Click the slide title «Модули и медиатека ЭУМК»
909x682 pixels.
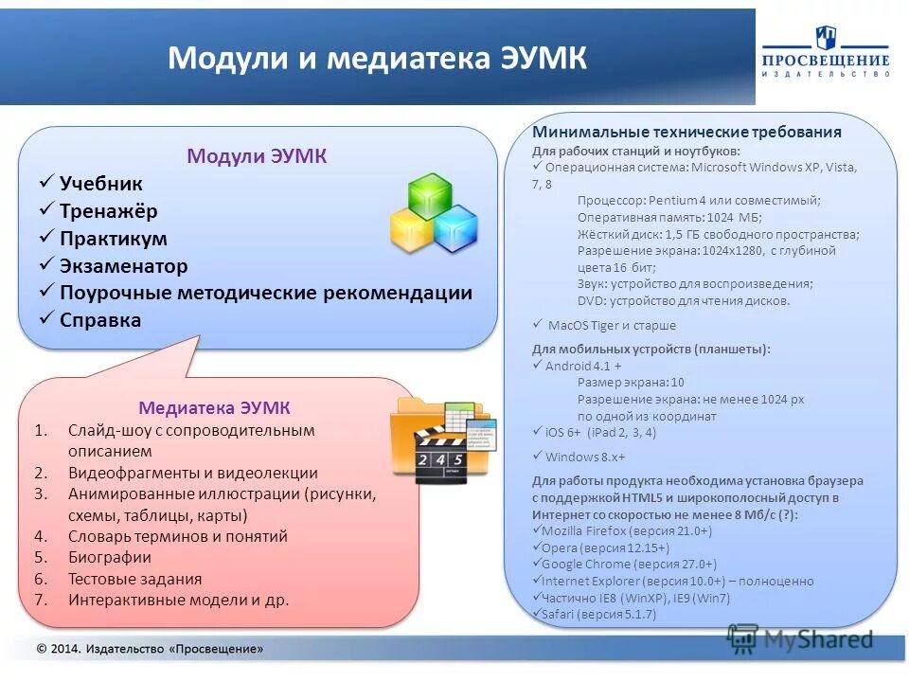coord(377,59)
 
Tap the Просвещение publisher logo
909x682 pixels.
coord(826,53)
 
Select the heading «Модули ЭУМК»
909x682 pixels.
coord(257,156)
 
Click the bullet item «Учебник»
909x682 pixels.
coord(100,184)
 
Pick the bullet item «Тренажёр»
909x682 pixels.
coord(108,211)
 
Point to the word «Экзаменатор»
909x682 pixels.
coord(123,266)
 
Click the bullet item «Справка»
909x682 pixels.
coord(99,320)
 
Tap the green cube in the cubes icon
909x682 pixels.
coord(428,196)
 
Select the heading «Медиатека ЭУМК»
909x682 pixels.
coord(214,408)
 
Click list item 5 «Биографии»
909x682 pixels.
coord(109,557)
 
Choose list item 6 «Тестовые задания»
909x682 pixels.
coord(134,579)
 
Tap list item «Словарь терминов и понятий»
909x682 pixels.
coord(177,536)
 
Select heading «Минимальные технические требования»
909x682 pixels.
coord(686,132)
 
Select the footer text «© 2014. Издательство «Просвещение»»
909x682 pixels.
coord(150,649)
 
